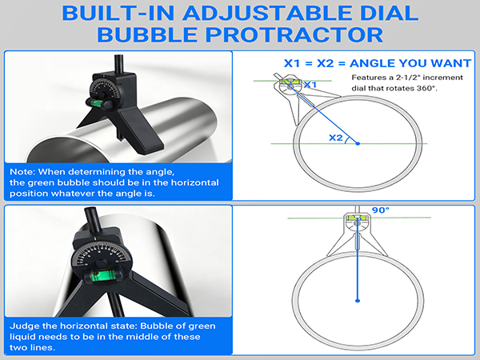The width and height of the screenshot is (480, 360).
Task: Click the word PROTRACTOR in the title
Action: [294, 34]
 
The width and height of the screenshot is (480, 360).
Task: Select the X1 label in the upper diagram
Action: [310, 85]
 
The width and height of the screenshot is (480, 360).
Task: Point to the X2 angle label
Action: [336, 138]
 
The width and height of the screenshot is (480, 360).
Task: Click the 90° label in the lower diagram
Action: [381, 210]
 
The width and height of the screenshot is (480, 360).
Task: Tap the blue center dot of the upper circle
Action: [358, 143]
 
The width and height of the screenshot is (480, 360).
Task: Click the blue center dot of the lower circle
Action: [358, 301]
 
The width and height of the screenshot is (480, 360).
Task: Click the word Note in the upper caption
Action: [22, 172]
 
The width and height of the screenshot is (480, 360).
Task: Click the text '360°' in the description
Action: [427, 88]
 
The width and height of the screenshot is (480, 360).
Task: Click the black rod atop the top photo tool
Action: [118, 64]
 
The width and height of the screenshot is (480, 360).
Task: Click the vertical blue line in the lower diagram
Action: [358, 258]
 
